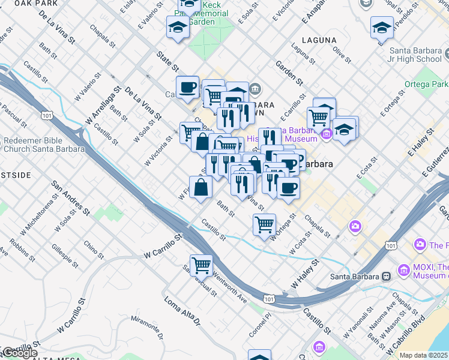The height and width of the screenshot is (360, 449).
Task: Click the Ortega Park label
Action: (426, 84)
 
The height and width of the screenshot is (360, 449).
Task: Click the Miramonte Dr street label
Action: (144, 325)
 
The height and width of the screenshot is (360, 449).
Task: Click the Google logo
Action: (20, 353)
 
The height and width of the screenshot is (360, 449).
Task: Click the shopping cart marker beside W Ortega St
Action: (264, 224)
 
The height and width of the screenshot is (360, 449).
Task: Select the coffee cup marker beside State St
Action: (187, 87)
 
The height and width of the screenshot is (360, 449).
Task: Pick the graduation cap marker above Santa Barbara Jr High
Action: (382, 28)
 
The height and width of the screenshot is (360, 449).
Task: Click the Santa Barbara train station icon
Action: (386, 277)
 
